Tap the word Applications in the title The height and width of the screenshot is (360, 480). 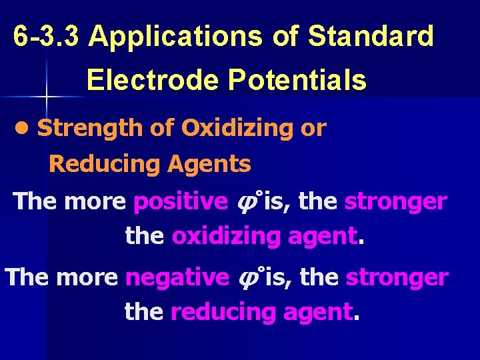(x=176, y=37)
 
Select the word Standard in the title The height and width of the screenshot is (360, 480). (x=371, y=37)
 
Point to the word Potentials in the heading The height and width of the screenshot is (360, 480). (x=297, y=81)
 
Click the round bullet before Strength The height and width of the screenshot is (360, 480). (x=25, y=129)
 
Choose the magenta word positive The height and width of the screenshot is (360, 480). (x=180, y=201)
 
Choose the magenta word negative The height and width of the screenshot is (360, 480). (x=177, y=277)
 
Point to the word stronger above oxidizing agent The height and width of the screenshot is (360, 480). (x=395, y=201)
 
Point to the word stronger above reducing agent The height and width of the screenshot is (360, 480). (x=397, y=277)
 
